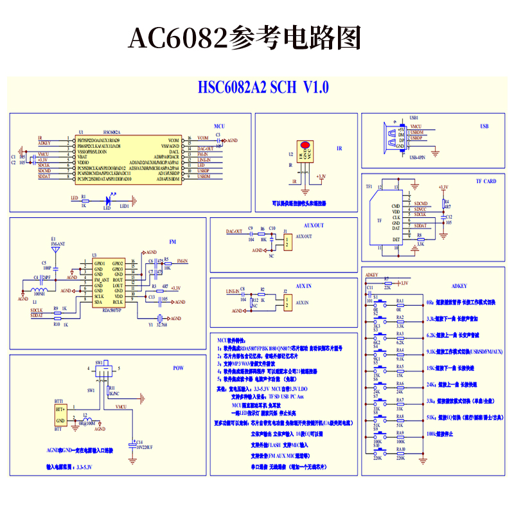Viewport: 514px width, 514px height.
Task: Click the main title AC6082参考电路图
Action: coord(244,39)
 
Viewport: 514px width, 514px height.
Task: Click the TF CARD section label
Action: coord(486,181)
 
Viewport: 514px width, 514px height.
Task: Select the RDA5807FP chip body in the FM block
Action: coord(109,283)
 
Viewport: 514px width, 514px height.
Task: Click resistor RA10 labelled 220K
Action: coord(400,454)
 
